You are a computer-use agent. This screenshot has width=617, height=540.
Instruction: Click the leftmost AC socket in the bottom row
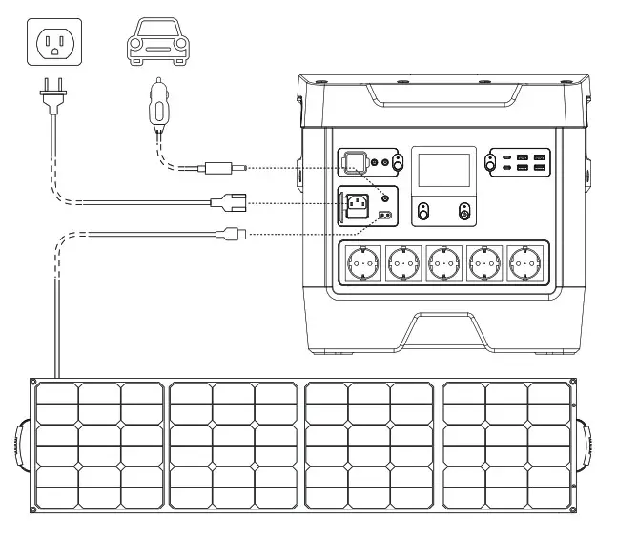[362, 260]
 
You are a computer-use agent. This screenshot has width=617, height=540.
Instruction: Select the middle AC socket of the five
[442, 260]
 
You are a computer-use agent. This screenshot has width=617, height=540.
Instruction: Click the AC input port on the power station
[360, 202]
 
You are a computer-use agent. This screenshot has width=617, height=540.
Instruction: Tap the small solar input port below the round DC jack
[385, 216]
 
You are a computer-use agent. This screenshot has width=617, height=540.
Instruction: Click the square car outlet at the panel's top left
[355, 163]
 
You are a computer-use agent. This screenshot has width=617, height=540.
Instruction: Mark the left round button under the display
[423, 212]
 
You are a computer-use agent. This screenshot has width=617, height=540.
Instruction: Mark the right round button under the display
[464, 212]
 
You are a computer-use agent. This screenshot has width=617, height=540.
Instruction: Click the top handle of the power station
[442, 96]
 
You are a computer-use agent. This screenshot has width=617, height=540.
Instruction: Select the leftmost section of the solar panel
[99, 446]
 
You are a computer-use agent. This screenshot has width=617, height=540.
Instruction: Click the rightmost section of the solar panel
[505, 446]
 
